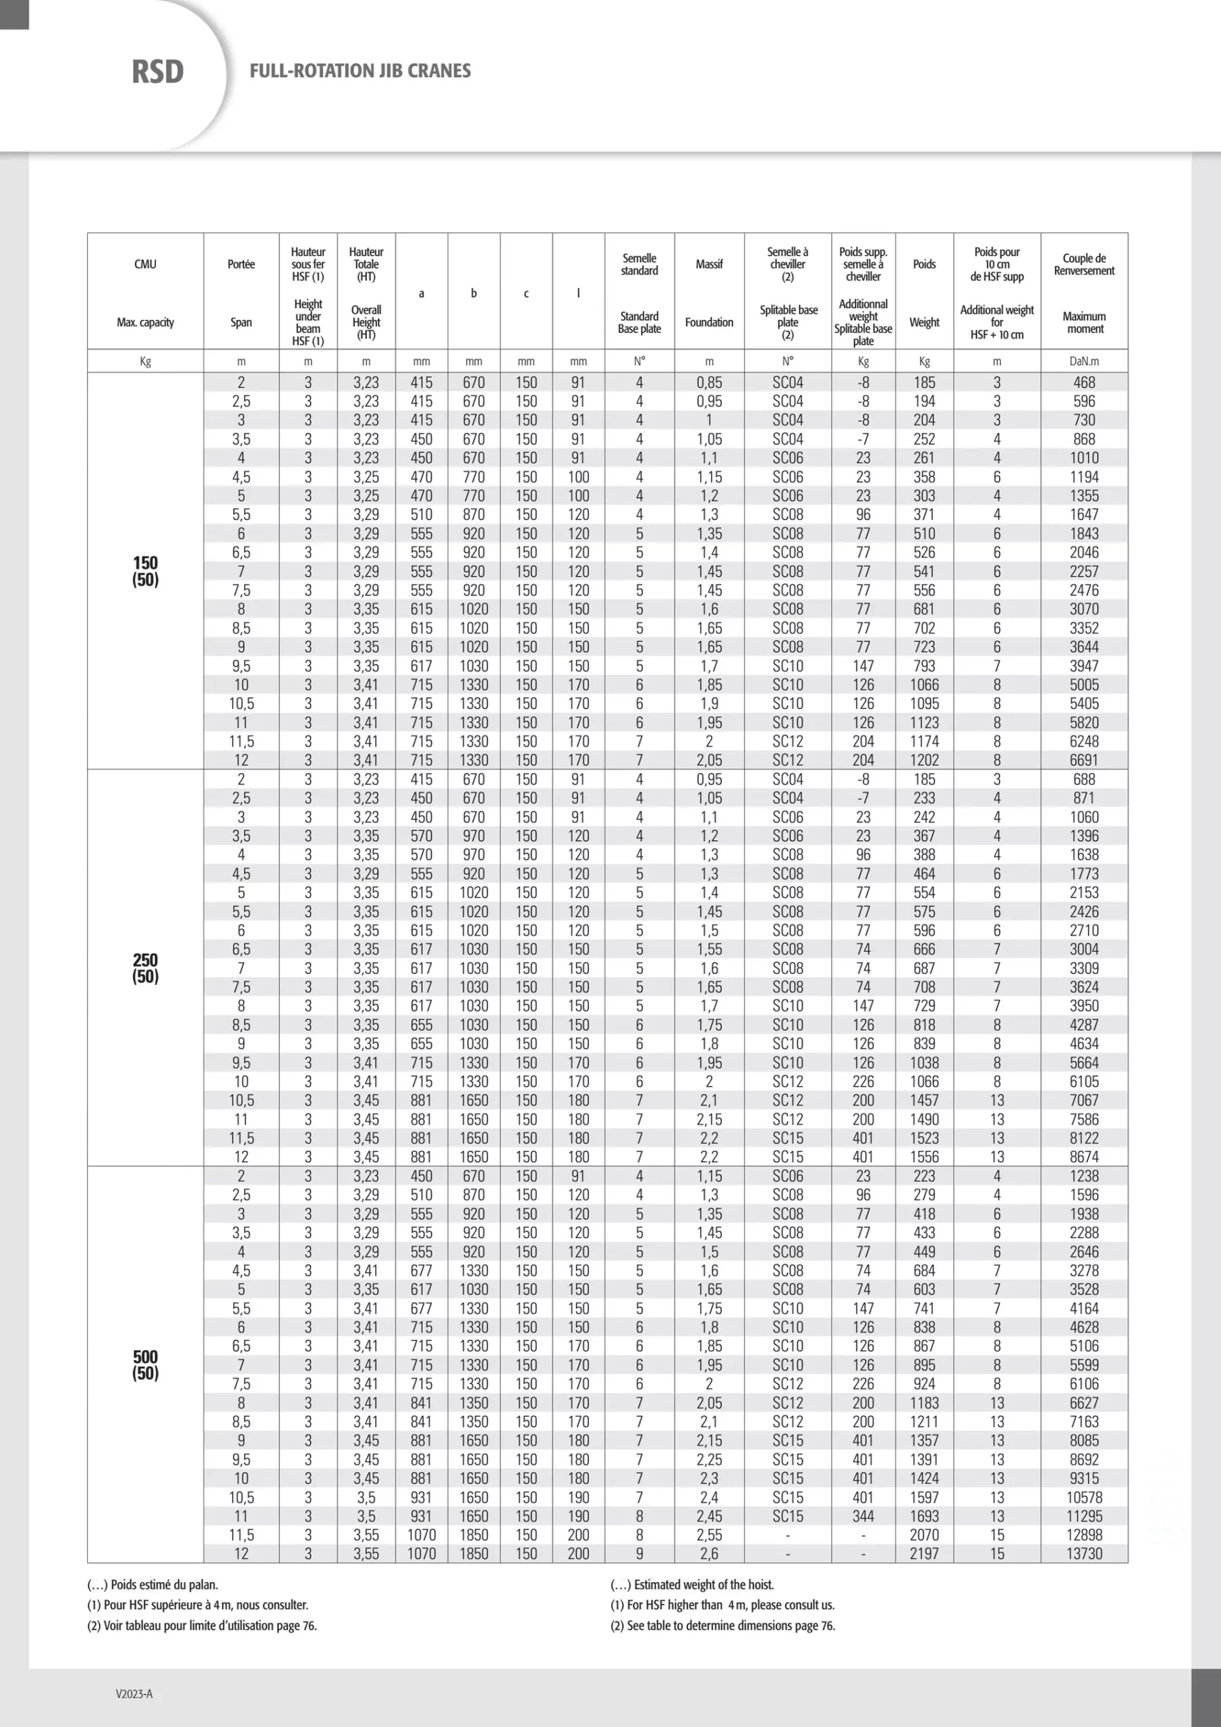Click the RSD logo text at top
[157, 72]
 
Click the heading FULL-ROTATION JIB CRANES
[360, 71]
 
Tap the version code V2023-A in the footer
[134, 1694]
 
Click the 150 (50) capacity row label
[145, 571]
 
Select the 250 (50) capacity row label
[145, 968]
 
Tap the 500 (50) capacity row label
[145, 1365]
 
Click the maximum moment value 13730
[1083, 1553]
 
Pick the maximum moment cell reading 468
[1083, 382]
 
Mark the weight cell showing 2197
[924, 1553]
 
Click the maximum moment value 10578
[1083, 1497]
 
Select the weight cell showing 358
[924, 477]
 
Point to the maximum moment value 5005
[1083, 685]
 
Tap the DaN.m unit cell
[1083, 361]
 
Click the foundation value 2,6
[709, 1553]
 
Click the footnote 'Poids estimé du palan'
[152, 1584]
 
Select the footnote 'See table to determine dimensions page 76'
[722, 1624]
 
